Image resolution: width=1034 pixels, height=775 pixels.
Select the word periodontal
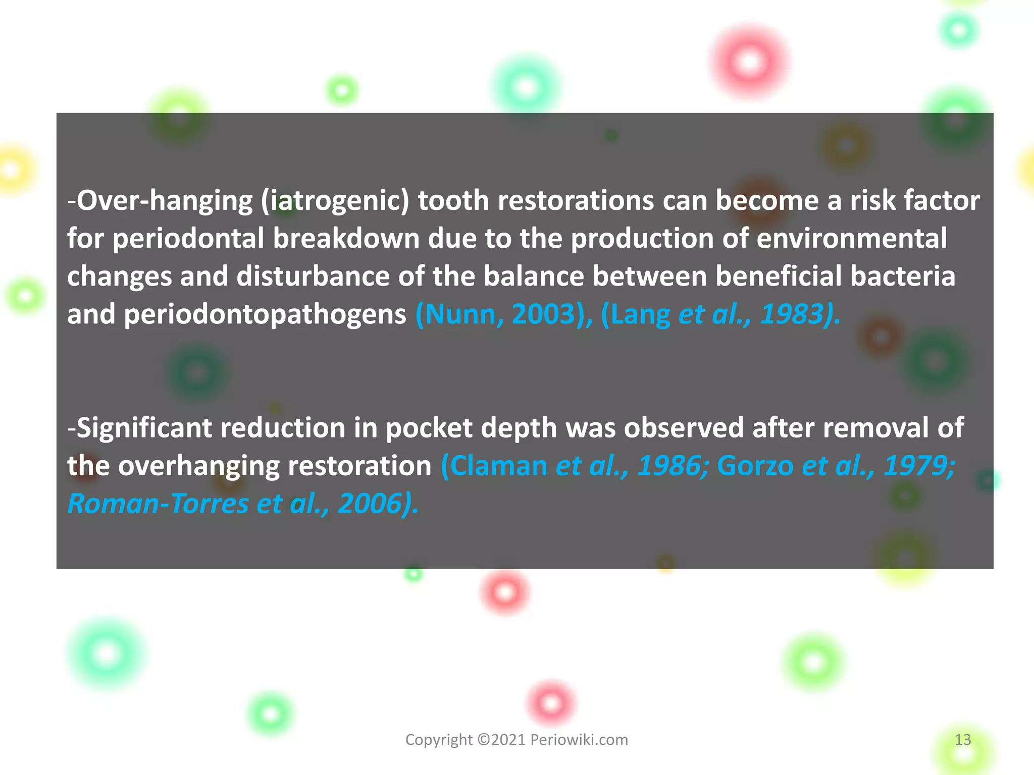point(188,239)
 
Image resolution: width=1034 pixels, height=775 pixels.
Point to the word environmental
point(852,239)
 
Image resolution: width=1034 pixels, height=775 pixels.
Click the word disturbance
point(313,276)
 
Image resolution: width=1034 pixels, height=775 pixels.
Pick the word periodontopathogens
point(265,314)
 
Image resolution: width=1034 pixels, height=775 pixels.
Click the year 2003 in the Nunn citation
point(544,314)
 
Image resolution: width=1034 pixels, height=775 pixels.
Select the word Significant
point(143,428)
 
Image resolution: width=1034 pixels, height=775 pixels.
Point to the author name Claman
point(498,466)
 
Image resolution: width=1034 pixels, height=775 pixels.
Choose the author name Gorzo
point(755,466)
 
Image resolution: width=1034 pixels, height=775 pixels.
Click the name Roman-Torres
point(158,504)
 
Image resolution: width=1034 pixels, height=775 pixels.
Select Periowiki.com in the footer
point(579,740)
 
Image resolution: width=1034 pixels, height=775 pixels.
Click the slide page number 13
point(963,740)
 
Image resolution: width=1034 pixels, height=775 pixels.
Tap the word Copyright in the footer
point(439,740)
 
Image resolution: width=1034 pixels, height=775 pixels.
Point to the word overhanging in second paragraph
point(199,466)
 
